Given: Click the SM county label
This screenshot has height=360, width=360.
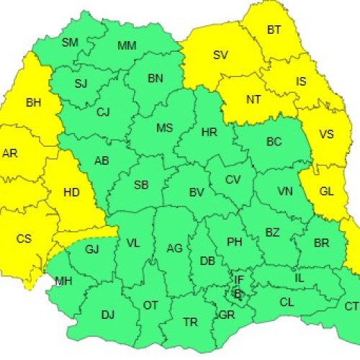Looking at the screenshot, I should coord(70,42).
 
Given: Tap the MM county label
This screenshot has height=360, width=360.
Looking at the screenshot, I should coord(127,46).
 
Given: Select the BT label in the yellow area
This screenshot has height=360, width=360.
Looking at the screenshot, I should coord(274,30).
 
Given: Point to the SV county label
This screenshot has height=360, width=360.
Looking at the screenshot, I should coord(221,55).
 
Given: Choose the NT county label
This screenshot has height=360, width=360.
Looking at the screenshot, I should coord(253,100).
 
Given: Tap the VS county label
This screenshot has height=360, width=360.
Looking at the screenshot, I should coord(326,135).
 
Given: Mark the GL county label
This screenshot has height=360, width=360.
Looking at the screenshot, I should coord(326,192).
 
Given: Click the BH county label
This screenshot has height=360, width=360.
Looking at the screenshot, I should coord(33,103).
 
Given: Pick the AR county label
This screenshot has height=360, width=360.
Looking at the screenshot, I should coord(10,153).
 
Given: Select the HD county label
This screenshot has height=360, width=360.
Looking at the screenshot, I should coord(71,192).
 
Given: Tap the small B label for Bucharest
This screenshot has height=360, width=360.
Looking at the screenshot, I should coord(238,292).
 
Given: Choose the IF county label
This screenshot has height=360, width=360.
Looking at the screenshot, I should coord(238,279).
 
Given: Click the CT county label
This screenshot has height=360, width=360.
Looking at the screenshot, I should coord(351,307).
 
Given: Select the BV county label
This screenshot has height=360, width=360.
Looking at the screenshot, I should coord(197,192).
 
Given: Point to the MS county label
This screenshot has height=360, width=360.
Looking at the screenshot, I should coord(165,128).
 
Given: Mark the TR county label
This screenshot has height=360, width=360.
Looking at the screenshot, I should coord(191,322).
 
